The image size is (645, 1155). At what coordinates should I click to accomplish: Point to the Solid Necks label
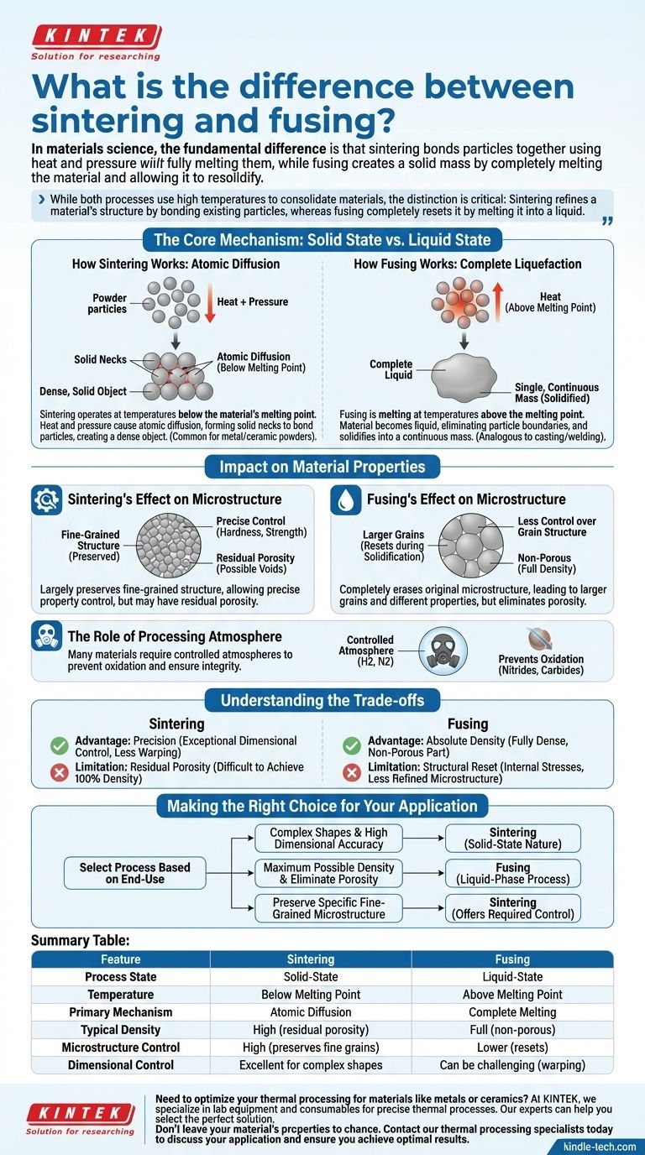coord(100,359)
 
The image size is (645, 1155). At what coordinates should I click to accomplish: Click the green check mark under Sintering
coord(59,745)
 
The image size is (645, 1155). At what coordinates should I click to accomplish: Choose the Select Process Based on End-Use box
coord(134,873)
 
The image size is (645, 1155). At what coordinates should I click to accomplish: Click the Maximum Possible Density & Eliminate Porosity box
coord(328,873)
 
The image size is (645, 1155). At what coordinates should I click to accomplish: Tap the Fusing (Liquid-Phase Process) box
coord(512,873)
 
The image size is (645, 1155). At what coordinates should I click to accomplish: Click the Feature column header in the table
coord(120,959)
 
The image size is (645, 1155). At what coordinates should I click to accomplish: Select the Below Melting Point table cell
coord(311,995)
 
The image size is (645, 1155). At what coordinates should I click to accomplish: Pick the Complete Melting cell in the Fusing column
coord(512,1012)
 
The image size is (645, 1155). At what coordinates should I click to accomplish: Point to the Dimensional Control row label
coord(121,1065)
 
